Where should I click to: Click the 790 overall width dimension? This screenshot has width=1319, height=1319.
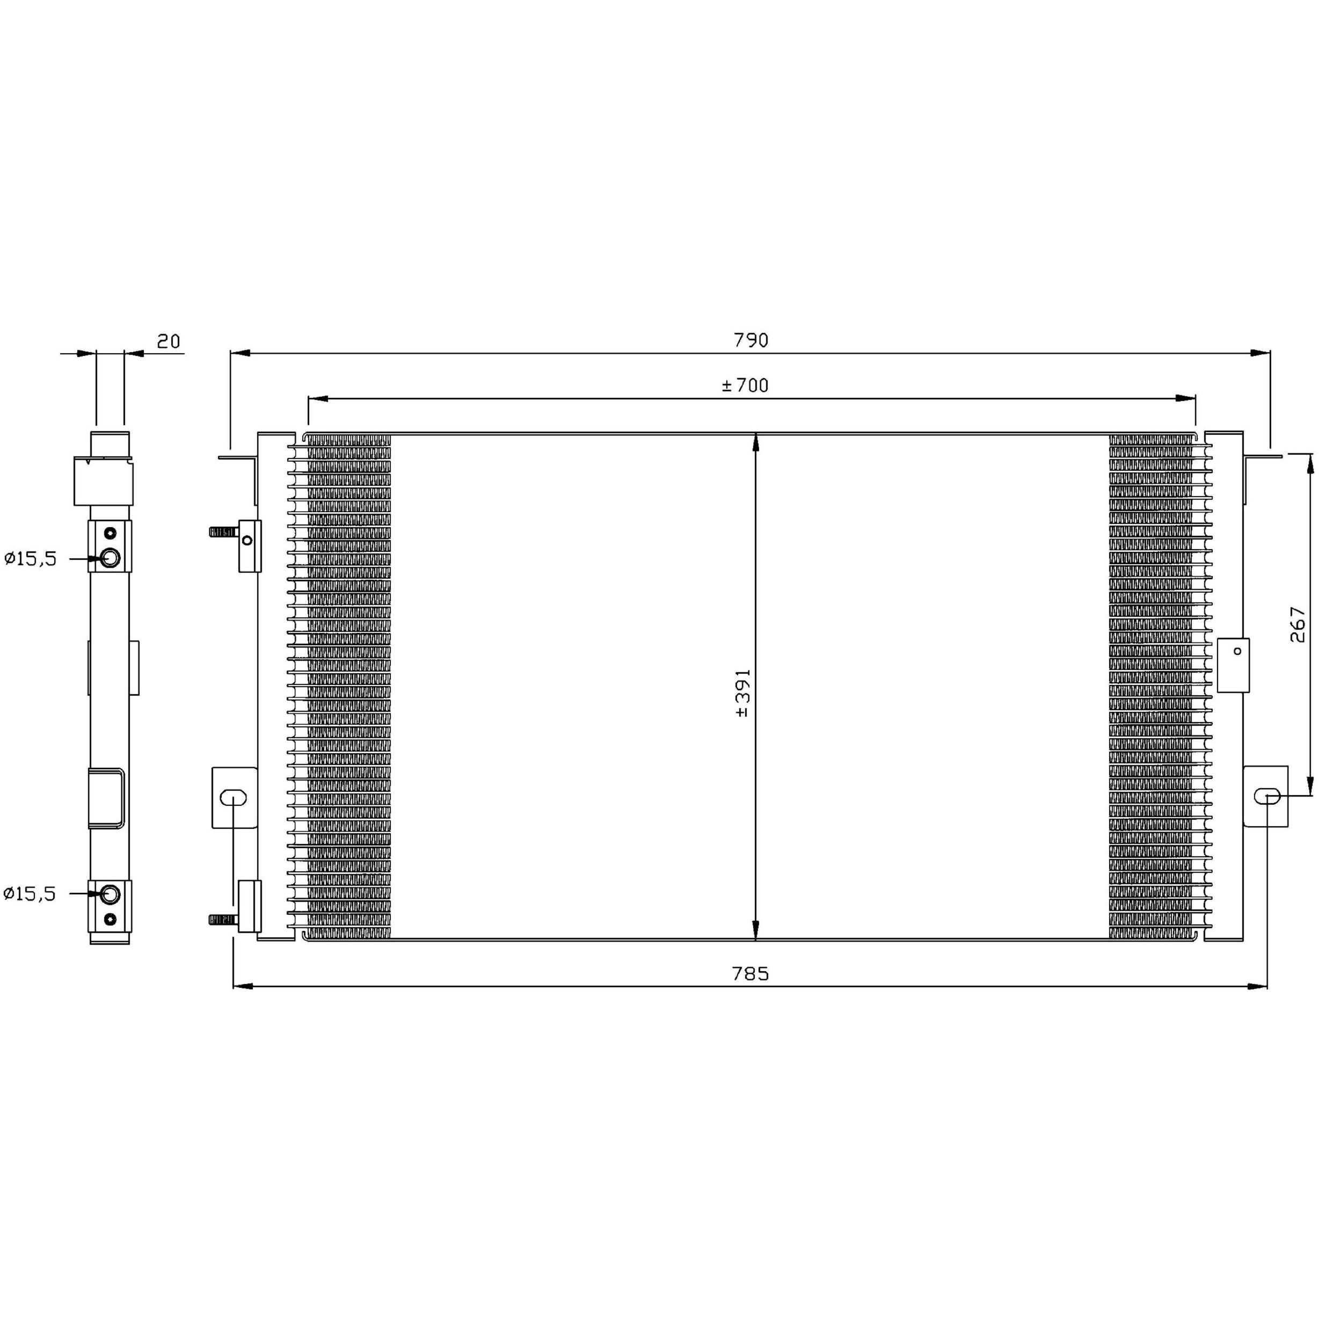pos(751,340)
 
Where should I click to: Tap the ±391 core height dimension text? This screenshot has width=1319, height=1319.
pos(744,693)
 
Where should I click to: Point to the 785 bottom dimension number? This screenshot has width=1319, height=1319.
pos(750,974)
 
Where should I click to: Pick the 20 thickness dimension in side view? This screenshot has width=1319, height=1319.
pos(169,341)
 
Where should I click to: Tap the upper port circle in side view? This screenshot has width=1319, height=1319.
pos(110,558)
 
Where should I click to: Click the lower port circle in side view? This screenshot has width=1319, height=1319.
pos(110,894)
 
